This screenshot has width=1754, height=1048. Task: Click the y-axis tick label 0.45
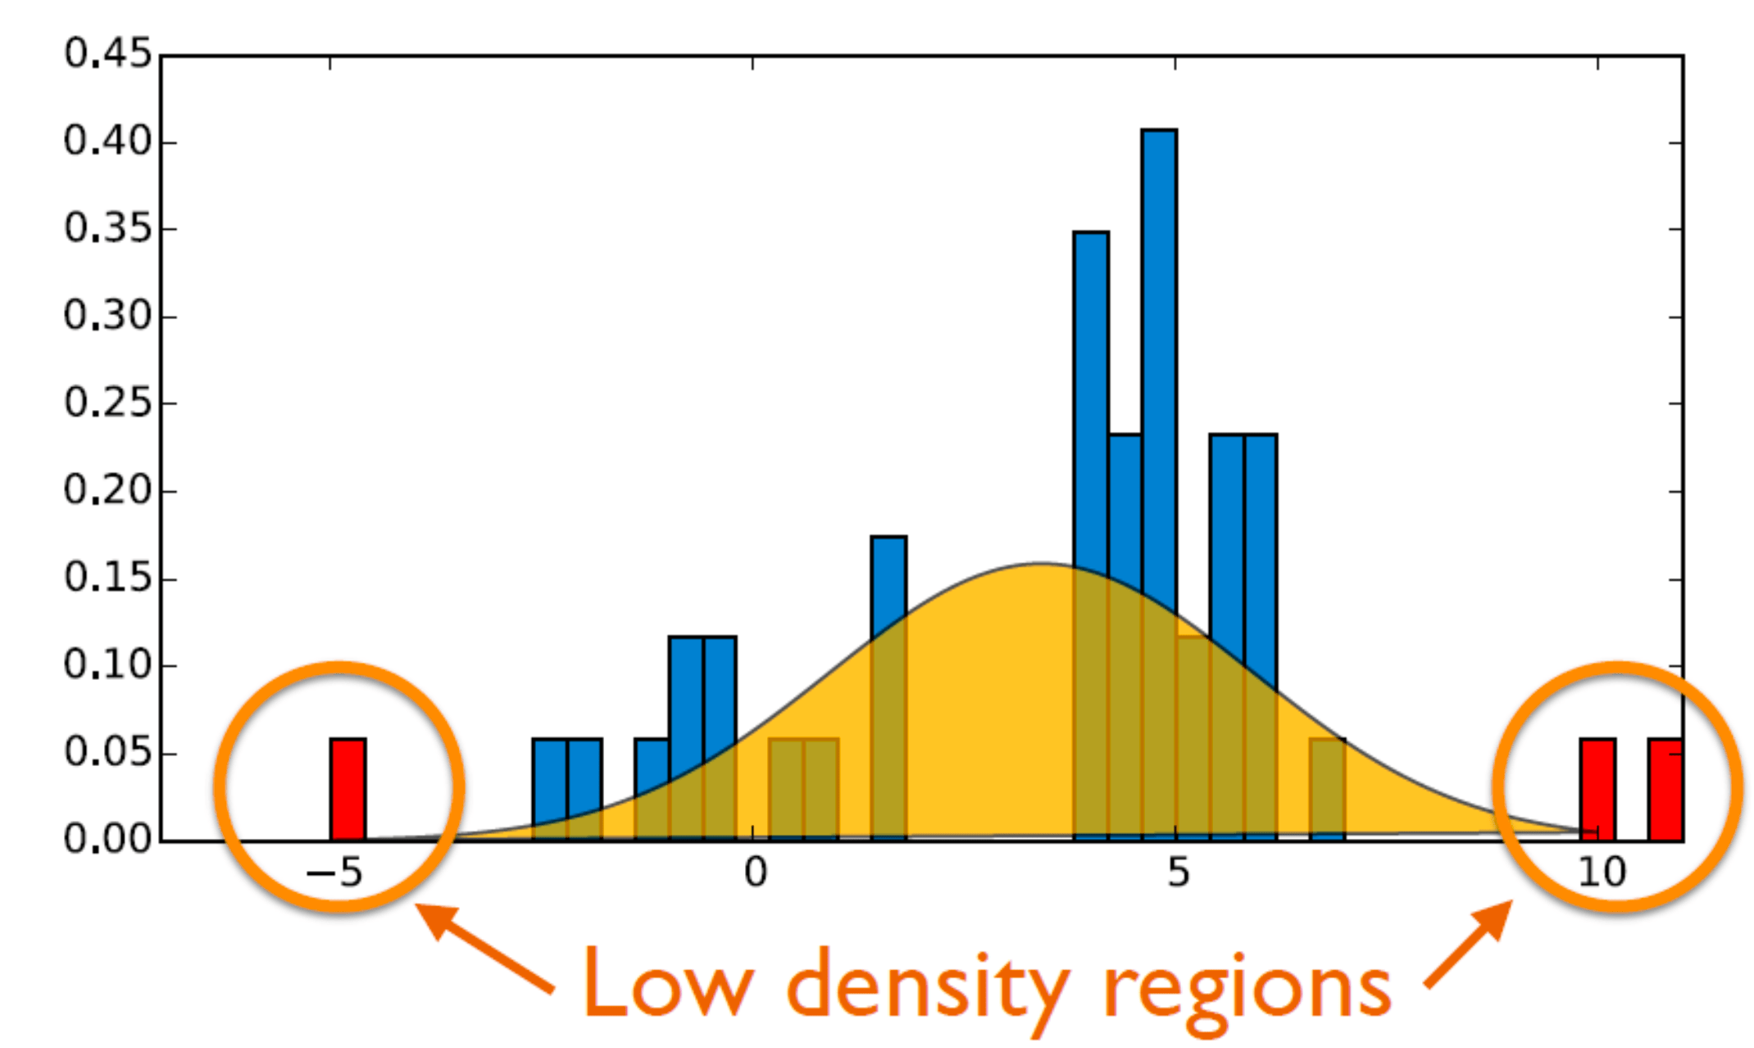(108, 54)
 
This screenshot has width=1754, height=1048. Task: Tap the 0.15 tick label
(108, 578)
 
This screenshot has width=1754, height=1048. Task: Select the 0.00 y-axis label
(108, 839)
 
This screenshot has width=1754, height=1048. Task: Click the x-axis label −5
(334, 873)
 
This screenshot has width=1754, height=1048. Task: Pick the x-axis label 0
(756, 873)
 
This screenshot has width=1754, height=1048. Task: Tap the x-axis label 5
(1178, 873)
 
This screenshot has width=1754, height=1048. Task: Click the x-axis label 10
(1602, 873)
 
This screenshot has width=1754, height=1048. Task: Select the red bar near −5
(348, 789)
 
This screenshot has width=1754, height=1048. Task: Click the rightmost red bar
(1665, 789)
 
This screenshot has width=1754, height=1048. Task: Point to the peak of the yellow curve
(1041, 564)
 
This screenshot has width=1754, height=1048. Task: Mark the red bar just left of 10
(1597, 789)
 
